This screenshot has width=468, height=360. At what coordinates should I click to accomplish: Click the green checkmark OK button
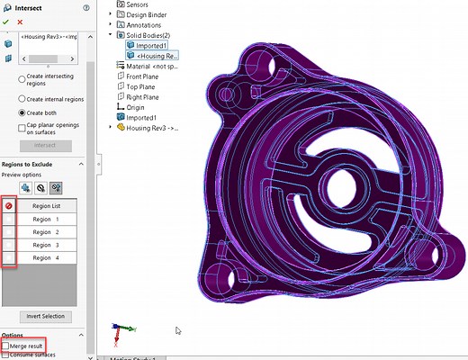tap(6, 22)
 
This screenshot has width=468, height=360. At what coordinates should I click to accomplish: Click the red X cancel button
tap(20, 22)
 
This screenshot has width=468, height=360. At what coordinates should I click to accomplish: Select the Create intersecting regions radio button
tap(23, 79)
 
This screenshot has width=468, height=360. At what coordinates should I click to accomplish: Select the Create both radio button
tap(23, 113)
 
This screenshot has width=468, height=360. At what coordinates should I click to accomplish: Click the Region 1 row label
tap(46, 219)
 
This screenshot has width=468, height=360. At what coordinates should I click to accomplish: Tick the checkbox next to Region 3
tap(9, 245)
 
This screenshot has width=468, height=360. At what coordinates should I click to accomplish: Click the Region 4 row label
tap(46, 257)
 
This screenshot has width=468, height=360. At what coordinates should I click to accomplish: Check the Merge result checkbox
tap(6, 345)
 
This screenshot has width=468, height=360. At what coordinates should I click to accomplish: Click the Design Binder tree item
tap(145, 15)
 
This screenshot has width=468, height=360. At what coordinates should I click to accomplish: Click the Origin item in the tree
tap(135, 107)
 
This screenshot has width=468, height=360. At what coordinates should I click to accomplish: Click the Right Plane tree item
tap(141, 96)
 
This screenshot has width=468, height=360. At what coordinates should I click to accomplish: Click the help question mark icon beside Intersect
tap(85, 6)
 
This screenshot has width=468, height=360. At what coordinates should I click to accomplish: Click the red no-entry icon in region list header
tap(9, 206)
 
